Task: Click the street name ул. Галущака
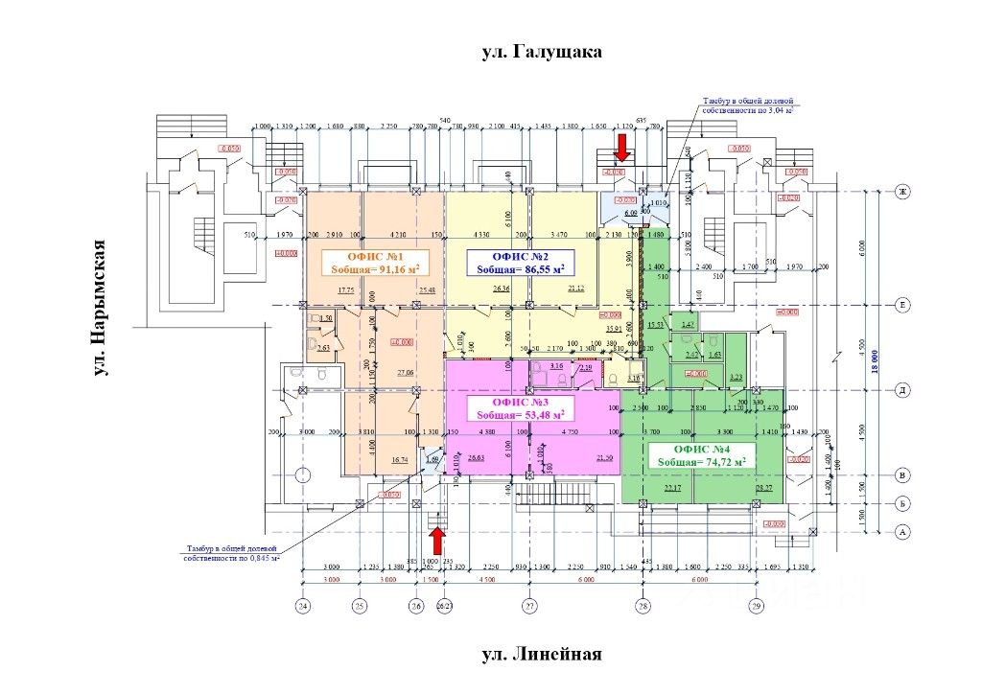pos(542,52)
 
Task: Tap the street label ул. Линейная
pos(542,655)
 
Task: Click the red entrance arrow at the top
pos(621,147)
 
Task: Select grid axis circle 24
pos(303,607)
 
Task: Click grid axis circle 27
pos(529,607)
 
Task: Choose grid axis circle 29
pos(756,607)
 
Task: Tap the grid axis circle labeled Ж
pos(901,192)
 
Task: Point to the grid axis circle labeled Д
pos(901,390)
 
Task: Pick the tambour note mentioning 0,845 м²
pos(231,553)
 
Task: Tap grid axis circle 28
pos(643,607)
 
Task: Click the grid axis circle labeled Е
pos(901,305)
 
